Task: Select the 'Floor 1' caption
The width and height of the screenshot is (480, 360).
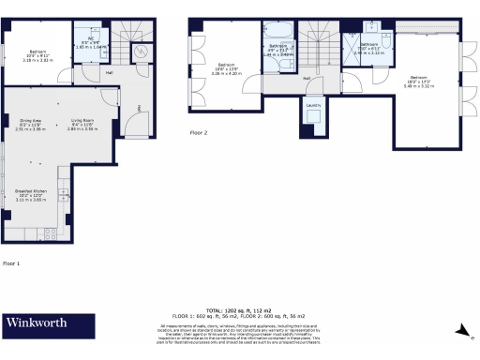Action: pyautogui.click(x=11, y=263)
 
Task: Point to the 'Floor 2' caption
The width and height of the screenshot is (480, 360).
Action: pyautogui.click(x=199, y=133)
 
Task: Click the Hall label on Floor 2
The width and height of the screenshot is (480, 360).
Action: pyautogui.click(x=307, y=78)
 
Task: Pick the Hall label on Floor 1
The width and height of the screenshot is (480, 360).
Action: pyautogui.click(x=109, y=71)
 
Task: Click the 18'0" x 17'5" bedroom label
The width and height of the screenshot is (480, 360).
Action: pyautogui.click(x=417, y=81)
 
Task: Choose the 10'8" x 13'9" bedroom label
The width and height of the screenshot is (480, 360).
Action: pyautogui.click(x=226, y=67)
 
